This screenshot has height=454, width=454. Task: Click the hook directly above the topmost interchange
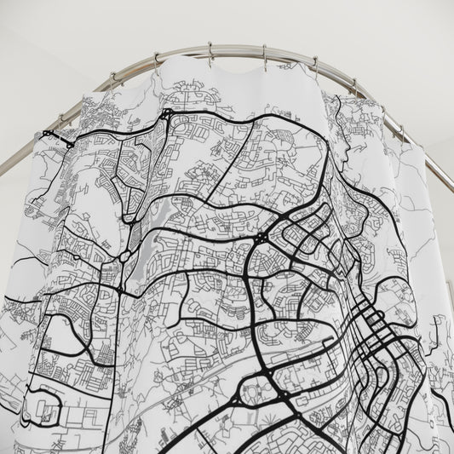pyautogui.click(x=157, y=60)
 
